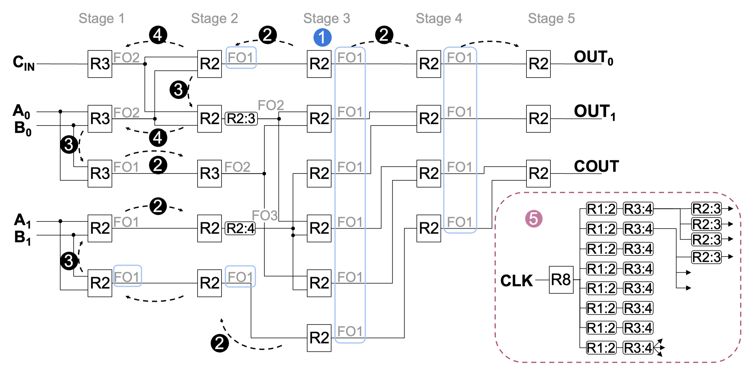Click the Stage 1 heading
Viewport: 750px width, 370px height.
102,19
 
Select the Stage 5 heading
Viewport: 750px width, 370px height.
551,19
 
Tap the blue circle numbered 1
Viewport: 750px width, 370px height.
322,38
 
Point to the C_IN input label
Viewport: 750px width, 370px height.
24,63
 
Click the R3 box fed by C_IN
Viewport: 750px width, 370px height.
100,64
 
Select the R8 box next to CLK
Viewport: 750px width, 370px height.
561,280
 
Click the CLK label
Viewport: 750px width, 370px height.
516,281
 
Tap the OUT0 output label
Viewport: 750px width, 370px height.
593,57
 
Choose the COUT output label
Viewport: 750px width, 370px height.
596,166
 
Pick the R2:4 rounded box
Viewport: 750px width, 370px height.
240,228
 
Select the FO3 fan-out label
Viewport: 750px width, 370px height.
264,216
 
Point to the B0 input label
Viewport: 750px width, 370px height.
23,128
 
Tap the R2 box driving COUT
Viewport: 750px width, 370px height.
538,174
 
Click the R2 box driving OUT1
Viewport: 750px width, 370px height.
538,119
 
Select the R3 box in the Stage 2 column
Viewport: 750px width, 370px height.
209,174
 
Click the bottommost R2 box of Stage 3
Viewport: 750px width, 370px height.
319,338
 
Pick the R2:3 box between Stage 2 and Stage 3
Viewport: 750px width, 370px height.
241,119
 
